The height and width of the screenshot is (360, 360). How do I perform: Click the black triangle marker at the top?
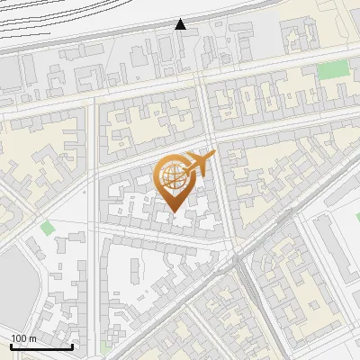click(181, 24)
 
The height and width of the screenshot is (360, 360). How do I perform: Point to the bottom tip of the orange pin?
click(175, 211)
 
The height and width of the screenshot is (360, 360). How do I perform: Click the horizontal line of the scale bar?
click(41, 346)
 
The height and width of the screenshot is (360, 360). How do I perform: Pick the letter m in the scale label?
click(33, 338)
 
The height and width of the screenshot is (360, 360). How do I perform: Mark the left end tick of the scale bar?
click(12, 345)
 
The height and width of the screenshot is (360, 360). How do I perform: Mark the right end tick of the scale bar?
click(72, 345)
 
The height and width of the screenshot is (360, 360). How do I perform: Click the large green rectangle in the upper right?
click(332, 69)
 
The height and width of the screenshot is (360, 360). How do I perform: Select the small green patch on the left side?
click(47, 228)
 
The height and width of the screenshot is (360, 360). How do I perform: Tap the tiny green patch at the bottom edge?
click(107, 346)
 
